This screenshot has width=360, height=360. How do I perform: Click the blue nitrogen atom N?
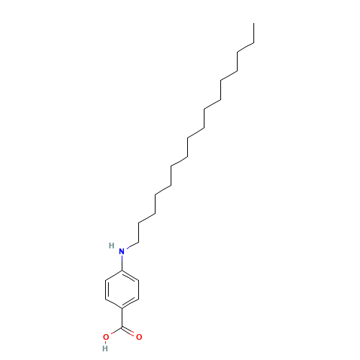click(x=121, y=251)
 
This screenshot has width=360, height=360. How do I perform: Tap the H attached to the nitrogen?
click(x=112, y=246)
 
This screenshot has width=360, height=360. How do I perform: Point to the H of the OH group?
click(x=105, y=348)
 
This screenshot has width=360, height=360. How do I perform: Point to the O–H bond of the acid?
click(x=106, y=343)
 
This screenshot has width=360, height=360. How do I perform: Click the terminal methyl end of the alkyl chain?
click(x=253, y=45)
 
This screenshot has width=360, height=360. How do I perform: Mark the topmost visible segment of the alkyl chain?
click(x=245, y=49)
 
